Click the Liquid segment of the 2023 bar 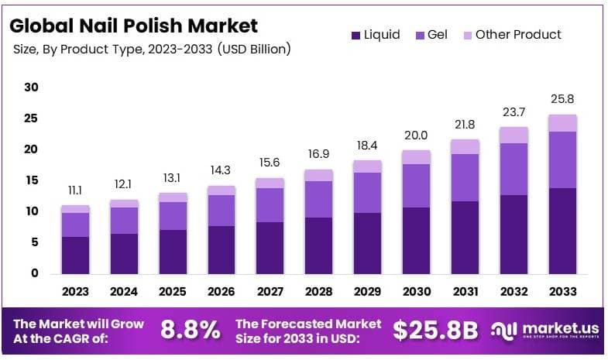pos(75,255)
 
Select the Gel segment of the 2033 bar pos(563,159)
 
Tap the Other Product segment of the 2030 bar pos(417,157)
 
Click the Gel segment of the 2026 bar pos(222,211)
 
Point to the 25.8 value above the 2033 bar pos(563,99)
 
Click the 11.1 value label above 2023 pos(75,190)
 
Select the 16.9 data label pos(319,154)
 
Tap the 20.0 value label pos(417,135)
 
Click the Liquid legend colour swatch pos(356,35)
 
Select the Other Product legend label pos(517,35)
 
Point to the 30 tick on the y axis pos(31,87)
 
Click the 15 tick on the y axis pos(31,180)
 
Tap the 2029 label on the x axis pos(368,292)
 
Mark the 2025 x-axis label pos(173,292)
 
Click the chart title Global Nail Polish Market pos(132,26)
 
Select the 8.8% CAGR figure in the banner pos(190,330)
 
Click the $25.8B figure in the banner pos(435,330)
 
